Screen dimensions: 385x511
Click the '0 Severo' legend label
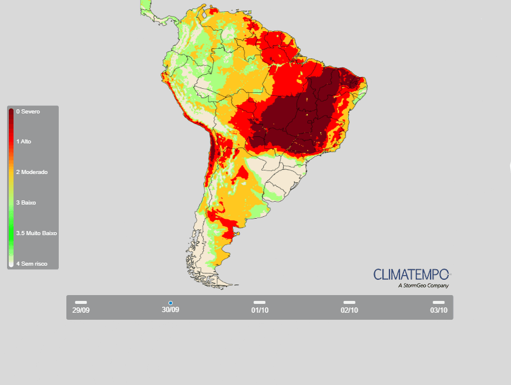28,111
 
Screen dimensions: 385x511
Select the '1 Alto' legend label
23,142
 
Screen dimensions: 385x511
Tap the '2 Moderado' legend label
32,172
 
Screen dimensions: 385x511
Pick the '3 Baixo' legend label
26,202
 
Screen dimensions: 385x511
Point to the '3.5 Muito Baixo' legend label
36,233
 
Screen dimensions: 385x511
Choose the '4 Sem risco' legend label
32,263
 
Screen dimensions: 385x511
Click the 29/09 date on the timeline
81,310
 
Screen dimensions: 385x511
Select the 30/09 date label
170,310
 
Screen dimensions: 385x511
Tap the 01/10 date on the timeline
260,310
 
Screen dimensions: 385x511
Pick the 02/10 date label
349,310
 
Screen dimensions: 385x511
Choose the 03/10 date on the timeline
438,310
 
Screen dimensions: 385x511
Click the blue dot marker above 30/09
170,303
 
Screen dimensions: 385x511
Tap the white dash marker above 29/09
81,302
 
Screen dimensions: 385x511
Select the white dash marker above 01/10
260,302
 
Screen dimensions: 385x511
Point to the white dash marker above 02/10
349,302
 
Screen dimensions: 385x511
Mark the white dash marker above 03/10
438,302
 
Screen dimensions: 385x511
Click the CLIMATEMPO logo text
411,274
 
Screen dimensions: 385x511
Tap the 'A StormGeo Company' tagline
423,286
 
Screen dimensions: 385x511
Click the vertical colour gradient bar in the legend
11,188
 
